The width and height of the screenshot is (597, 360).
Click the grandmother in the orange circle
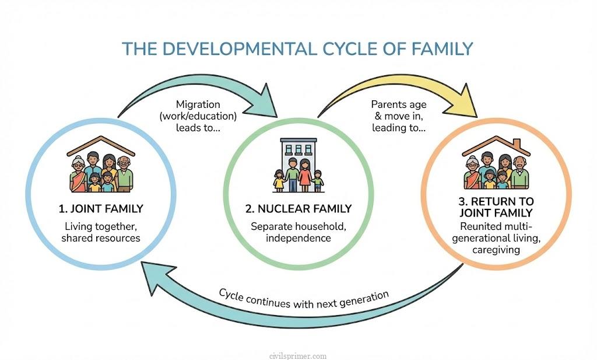click(x=472, y=174)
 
